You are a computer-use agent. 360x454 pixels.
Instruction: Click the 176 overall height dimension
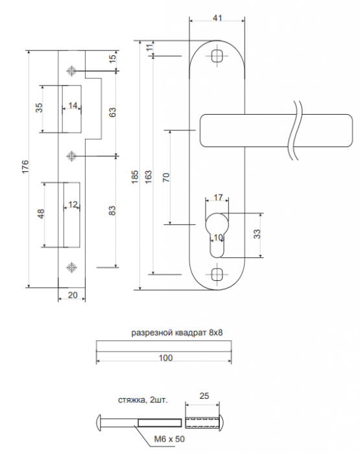point(25,167)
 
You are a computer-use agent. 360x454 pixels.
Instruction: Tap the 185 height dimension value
point(136,176)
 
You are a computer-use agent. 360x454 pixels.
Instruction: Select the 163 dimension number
point(148,176)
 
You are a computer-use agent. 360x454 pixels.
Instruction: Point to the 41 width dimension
point(217,18)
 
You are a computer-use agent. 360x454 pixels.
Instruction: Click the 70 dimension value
point(166,177)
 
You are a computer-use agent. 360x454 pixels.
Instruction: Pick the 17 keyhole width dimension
point(218,197)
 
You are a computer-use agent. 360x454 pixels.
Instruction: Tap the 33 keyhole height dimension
point(257,234)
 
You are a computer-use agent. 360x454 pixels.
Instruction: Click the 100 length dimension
point(165,358)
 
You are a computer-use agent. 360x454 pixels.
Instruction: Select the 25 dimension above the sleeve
point(204,396)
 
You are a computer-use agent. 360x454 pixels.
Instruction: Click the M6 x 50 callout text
point(169,439)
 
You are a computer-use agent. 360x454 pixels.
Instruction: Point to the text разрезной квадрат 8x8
point(177,332)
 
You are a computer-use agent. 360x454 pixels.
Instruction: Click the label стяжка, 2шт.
point(143,400)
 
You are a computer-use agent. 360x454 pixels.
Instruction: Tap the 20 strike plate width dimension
point(73,295)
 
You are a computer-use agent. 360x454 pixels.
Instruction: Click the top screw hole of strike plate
point(71,70)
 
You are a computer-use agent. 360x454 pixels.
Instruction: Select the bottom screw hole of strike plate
point(71,267)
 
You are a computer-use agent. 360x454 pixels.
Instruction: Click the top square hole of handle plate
point(217,56)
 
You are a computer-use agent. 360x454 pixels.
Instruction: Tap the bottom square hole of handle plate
point(217,274)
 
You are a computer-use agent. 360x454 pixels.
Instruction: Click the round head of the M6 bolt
point(98,423)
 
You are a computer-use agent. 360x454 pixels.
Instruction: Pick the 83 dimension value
point(112,211)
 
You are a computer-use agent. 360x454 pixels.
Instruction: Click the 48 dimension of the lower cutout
point(41,214)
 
